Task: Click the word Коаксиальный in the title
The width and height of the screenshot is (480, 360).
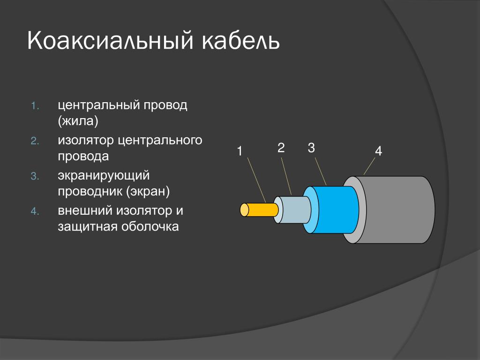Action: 111,40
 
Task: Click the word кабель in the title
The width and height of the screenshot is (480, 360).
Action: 241,40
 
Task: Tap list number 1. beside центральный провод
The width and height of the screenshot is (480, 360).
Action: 35,106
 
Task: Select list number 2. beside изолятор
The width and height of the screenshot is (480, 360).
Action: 35,141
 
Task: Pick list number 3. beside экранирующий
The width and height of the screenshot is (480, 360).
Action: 35,176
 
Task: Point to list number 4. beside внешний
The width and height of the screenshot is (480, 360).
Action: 35,211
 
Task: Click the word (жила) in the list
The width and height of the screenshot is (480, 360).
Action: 78,121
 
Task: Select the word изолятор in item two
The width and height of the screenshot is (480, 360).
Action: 86,141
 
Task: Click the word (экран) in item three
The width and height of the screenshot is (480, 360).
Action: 148,192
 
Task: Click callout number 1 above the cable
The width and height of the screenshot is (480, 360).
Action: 240,151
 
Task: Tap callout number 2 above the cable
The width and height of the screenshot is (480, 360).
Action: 281,148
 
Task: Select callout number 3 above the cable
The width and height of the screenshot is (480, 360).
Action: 311,148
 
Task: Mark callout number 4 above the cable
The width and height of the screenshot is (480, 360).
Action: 378,151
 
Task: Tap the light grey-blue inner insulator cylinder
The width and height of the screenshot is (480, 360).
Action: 292,210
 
